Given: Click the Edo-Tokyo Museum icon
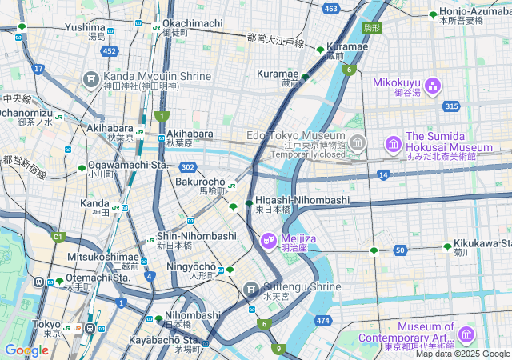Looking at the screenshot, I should pyautogui.click(x=358, y=143).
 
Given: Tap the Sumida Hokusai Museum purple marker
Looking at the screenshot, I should pyautogui.click(x=394, y=144).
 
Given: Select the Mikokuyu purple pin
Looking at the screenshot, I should pyautogui.click(x=433, y=86).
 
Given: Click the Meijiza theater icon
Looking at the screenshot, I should pyautogui.click(x=268, y=239).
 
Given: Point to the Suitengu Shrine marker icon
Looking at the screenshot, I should pyautogui.click(x=251, y=288).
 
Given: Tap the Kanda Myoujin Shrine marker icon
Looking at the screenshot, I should pyautogui.click(x=91, y=79).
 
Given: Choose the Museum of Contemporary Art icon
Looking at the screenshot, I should pyautogui.click(x=466, y=334).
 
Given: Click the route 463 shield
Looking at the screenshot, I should pyautogui.click(x=331, y=9).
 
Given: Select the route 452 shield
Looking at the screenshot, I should pyautogui.click(x=110, y=51).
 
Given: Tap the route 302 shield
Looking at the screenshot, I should pyautogui.click(x=187, y=166).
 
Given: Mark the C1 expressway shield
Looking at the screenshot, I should pyautogui.click(x=57, y=237).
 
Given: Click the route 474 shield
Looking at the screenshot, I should pyautogui.click(x=322, y=320).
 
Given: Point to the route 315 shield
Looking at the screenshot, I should pyautogui.click(x=452, y=106).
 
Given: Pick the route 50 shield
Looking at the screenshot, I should pyautogui.click(x=399, y=250).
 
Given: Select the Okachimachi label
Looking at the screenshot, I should pyautogui.click(x=192, y=23).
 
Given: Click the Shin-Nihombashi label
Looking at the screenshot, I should pyautogui.click(x=196, y=236).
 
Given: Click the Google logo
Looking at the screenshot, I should pyautogui.click(x=26, y=350).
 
